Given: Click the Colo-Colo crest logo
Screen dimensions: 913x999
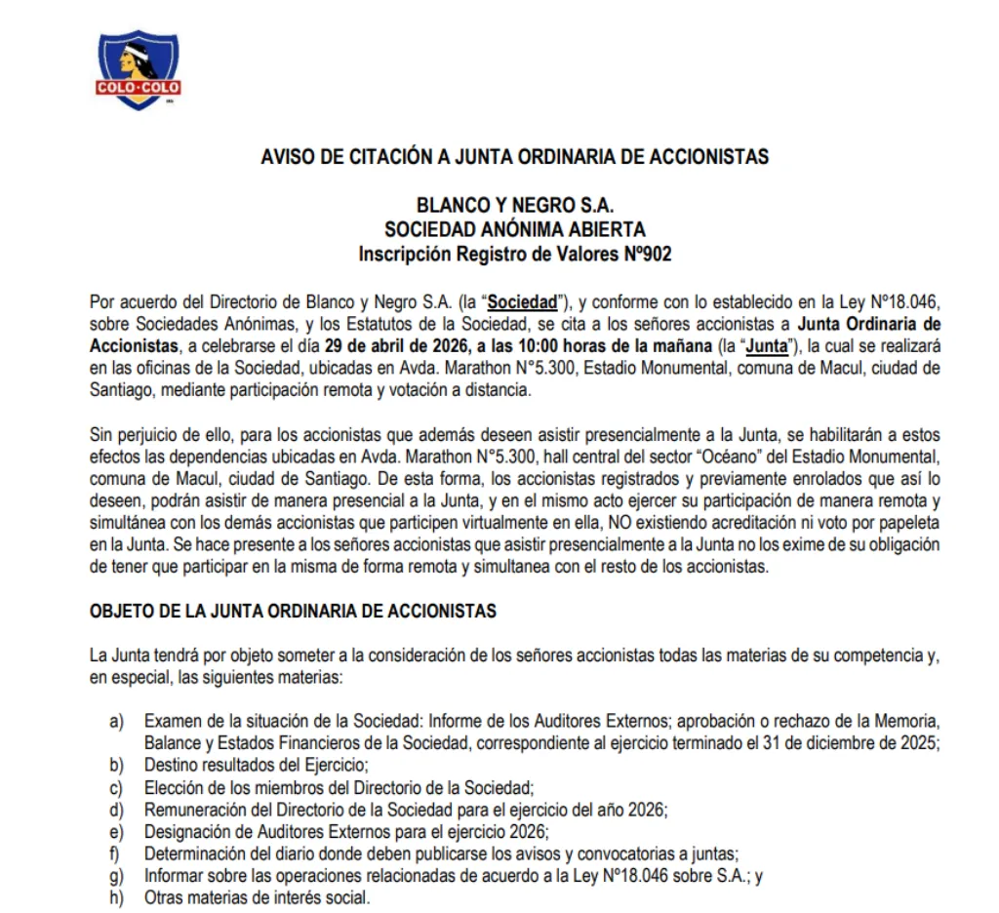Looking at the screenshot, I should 138,67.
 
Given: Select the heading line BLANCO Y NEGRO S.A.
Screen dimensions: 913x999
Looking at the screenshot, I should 514,206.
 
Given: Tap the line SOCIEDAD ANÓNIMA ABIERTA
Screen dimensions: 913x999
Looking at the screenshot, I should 514,230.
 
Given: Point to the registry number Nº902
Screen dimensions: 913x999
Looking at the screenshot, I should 645,255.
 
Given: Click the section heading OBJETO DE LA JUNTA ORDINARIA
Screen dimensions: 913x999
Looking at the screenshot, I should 293,612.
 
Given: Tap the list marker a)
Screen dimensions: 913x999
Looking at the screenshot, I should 117,721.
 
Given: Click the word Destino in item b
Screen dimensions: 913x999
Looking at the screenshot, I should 172,764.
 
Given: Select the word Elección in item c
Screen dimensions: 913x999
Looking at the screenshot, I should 174,786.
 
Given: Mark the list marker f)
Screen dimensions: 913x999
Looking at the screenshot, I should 116,853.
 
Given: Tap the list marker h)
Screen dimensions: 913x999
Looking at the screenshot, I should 117,896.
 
